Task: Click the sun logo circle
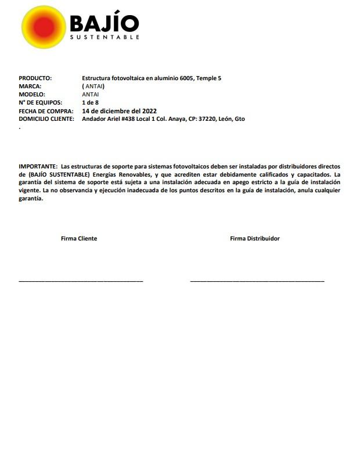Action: pyautogui.click(x=44, y=27)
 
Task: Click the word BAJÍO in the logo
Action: pyautogui.click(x=104, y=23)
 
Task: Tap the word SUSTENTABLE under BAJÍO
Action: pyautogui.click(x=105, y=38)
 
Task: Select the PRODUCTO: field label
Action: pyautogui.click(x=35, y=78)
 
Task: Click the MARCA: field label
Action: pyautogui.click(x=30, y=86)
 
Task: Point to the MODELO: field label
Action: pyautogui.click(x=32, y=94)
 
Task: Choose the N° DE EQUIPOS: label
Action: pyautogui.click(x=40, y=102)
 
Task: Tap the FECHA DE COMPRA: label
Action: pyautogui.click(x=46, y=110)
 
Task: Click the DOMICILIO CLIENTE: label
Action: pyautogui.click(x=46, y=119)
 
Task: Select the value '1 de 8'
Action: pyautogui.click(x=91, y=102)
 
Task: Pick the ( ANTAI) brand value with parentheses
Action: pyautogui.click(x=93, y=86)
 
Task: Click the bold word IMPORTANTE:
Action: pyautogui.click(x=38, y=166)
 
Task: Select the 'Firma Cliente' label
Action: pyautogui.click(x=79, y=238)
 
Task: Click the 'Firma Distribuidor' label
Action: pyautogui.click(x=255, y=238)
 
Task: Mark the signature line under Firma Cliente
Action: pyautogui.click(x=81, y=281)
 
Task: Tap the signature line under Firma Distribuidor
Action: pyautogui.click(x=257, y=281)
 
